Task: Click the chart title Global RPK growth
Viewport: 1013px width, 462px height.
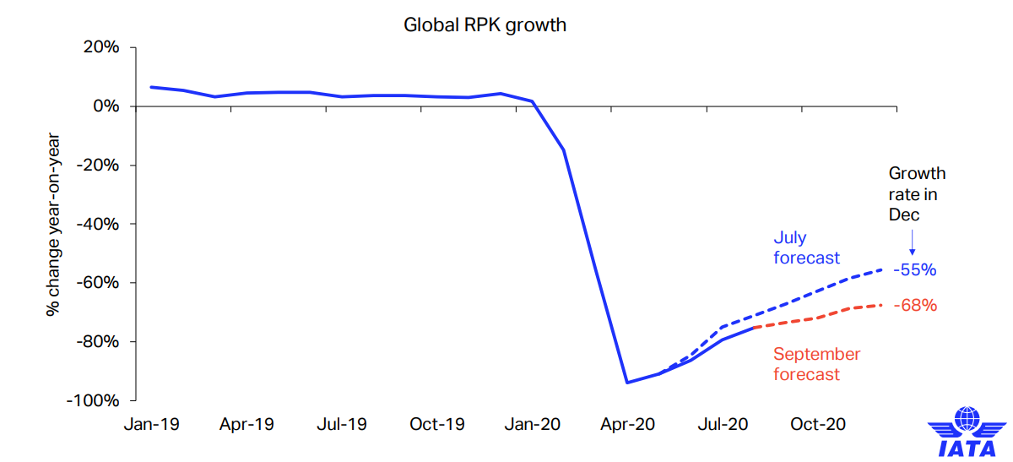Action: pyautogui.click(x=485, y=24)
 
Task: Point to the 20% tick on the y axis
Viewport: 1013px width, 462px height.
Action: pyautogui.click(x=100, y=47)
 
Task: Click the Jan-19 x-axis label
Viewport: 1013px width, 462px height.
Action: pyautogui.click(x=152, y=424)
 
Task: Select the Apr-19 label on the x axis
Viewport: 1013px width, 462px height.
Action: pyautogui.click(x=246, y=424)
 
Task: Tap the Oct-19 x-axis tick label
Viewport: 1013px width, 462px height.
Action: pyautogui.click(x=437, y=424)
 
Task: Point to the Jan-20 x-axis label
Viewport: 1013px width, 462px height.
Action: pyautogui.click(x=532, y=424)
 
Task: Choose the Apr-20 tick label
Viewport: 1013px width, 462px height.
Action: pyautogui.click(x=627, y=424)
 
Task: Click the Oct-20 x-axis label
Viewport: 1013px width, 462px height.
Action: pyautogui.click(x=818, y=424)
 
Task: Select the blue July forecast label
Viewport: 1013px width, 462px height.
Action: pyautogui.click(x=806, y=247)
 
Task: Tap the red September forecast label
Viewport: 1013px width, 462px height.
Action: pyautogui.click(x=816, y=364)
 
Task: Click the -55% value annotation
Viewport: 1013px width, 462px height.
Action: pyautogui.click(x=915, y=270)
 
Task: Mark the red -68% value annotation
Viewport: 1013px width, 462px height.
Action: pyautogui.click(x=915, y=305)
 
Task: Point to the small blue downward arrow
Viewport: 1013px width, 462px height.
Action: pyautogui.click(x=912, y=242)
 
